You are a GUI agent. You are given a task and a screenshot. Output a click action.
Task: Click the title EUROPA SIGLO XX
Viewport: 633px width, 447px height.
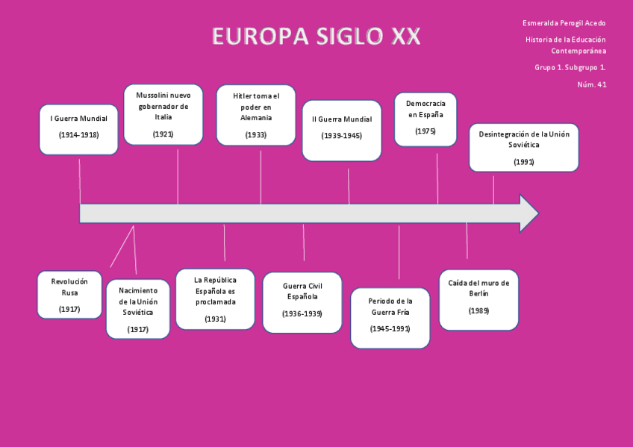316,36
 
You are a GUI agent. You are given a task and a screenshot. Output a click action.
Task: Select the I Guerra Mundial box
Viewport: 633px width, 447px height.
78,129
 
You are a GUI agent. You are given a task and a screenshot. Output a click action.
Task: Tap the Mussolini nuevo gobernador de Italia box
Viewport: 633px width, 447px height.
163,114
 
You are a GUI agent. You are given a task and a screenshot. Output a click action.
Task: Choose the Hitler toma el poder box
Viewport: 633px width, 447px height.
256,114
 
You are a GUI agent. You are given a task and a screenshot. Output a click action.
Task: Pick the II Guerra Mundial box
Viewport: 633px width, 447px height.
341,131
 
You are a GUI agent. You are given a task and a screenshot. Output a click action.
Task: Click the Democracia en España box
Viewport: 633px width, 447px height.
425,119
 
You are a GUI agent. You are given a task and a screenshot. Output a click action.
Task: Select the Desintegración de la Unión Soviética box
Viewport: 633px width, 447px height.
524,148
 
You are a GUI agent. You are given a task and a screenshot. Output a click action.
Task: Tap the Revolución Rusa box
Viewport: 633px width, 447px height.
69,295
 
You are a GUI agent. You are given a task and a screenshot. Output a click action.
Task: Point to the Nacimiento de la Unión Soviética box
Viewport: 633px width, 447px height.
138,309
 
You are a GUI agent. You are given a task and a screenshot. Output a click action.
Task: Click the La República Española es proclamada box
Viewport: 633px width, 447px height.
215,299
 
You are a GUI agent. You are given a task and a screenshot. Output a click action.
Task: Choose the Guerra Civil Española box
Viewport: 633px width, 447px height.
302,302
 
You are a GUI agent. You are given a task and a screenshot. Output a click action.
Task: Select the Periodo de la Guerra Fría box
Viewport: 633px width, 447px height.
390,318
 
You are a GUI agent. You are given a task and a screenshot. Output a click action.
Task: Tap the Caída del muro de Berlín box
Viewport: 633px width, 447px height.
478,300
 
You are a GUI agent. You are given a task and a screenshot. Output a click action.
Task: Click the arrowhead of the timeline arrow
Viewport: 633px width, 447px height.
528,213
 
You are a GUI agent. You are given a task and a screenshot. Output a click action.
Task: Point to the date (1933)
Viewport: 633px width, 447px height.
256,135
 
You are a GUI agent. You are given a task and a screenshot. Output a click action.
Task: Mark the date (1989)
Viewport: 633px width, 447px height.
478,310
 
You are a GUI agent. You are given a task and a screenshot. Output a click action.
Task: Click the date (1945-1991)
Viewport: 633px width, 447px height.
390,328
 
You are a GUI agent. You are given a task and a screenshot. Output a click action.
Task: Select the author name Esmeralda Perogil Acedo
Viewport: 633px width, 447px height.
564,23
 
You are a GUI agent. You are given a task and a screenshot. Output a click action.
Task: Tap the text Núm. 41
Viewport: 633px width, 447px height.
592,84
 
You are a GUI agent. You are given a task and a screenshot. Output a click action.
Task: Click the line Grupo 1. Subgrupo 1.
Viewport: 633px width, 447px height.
570,67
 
